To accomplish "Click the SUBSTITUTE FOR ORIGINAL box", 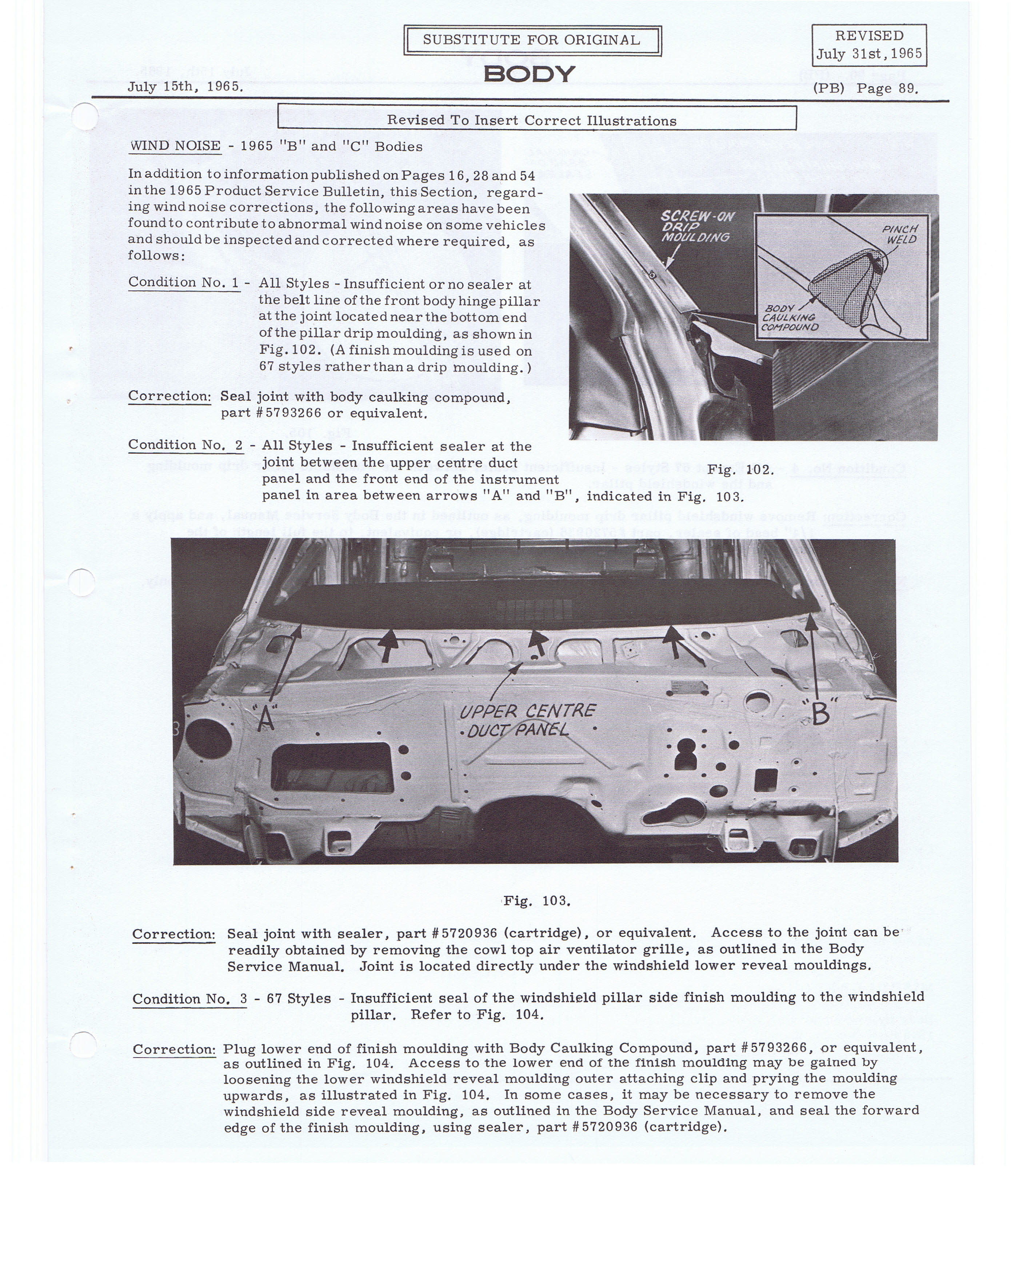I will pos(532,40).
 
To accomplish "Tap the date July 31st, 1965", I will pos(869,54).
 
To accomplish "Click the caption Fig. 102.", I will pos(740,469).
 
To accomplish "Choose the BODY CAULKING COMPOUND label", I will pos(790,318).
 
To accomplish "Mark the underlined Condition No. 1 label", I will pos(184,282).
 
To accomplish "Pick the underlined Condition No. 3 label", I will pos(189,999).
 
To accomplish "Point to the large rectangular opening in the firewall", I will pos(332,767).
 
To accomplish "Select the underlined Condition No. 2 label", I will pos(185,445).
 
